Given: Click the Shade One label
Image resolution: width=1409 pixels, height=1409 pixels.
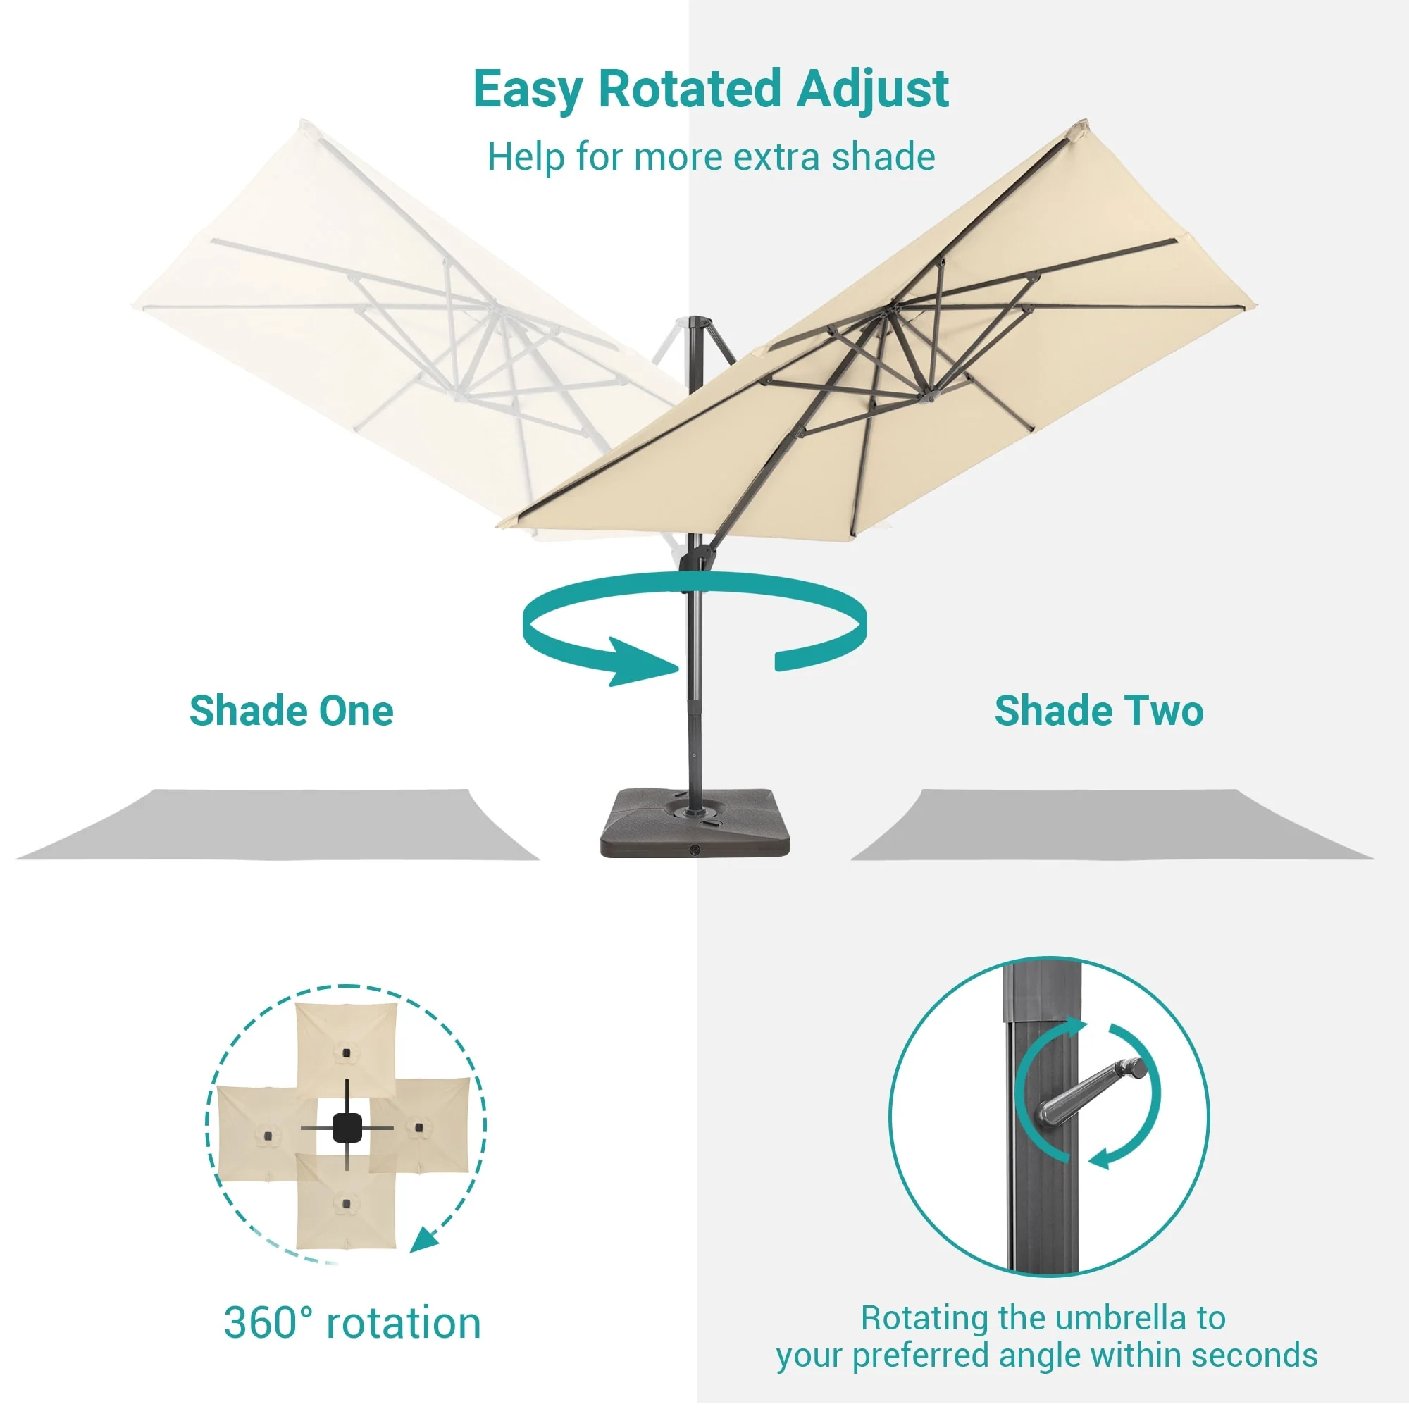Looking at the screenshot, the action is (x=291, y=710).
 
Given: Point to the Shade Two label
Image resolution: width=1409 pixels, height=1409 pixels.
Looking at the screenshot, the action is (x=1099, y=710).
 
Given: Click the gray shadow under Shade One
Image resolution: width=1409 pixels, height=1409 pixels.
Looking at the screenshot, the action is (x=277, y=825).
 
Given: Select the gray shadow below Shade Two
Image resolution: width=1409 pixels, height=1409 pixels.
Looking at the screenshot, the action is (x=1112, y=825).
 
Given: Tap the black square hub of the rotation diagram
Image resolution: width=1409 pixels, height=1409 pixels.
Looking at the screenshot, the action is (x=347, y=1126).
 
